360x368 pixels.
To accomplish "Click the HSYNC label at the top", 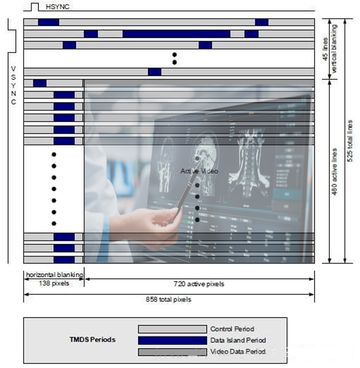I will pyautogui.click(x=57, y=7).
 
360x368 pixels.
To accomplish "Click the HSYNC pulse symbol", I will pyautogui.click(x=35, y=7).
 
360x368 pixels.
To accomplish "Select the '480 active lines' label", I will pyautogui.click(x=335, y=171).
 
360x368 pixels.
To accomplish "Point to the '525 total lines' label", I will pyautogui.click(x=350, y=141).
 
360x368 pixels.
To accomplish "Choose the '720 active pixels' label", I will pyautogui.click(x=198, y=284).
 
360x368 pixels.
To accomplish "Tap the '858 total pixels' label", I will pyautogui.click(x=168, y=299).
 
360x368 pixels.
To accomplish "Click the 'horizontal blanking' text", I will pyautogui.click(x=54, y=275).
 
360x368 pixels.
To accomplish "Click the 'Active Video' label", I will pyautogui.click(x=199, y=171).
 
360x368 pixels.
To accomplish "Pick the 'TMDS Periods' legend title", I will pyautogui.click(x=92, y=340).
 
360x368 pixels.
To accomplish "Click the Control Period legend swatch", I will pyautogui.click(x=172, y=329).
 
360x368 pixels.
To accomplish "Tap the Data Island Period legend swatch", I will pyautogui.click(x=172, y=340).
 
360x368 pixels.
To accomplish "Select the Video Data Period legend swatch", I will pyautogui.click(x=172, y=351).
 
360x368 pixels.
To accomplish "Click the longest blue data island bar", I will pyautogui.click(x=176, y=34).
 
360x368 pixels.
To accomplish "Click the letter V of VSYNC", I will pyautogui.click(x=14, y=69).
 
